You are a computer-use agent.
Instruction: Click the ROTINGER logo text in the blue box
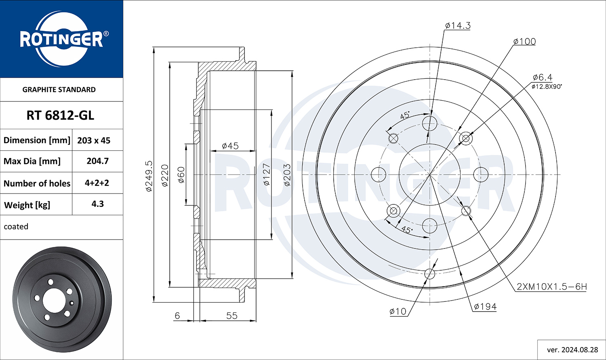[x=61, y=39]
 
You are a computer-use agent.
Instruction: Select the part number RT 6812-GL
[x=60, y=116]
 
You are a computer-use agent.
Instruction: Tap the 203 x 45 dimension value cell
[x=94, y=140]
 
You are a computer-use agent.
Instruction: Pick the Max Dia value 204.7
[x=98, y=161]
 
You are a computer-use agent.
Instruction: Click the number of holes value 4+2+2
[x=97, y=183]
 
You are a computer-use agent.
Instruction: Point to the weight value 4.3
[x=98, y=204]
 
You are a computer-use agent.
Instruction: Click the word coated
[x=16, y=226]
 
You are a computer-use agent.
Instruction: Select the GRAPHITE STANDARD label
[x=59, y=90]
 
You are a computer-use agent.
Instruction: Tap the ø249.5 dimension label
[x=149, y=176]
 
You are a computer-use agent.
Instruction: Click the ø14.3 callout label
[x=458, y=26]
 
